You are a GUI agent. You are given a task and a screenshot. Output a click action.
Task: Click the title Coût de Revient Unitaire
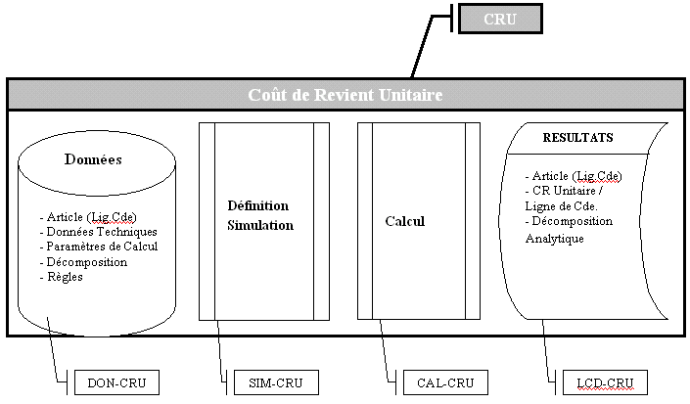345,95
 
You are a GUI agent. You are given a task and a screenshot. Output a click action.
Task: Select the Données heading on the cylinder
93,159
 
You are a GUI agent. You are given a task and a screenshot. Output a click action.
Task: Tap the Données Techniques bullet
98,232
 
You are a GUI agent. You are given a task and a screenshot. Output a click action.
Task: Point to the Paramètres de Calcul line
98,247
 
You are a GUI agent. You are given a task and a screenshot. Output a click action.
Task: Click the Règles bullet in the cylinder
62,277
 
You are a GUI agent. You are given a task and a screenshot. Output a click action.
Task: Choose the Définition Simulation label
259,215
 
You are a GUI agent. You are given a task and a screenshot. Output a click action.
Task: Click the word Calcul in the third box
404,221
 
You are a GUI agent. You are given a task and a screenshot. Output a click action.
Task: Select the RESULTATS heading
577,139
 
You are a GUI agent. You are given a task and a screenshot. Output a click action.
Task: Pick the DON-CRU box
115,383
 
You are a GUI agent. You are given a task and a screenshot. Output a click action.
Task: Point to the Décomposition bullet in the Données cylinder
84,262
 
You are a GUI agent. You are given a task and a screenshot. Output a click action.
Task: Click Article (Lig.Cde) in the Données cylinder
87,217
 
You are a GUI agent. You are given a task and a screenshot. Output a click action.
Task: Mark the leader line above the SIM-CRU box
221,347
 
